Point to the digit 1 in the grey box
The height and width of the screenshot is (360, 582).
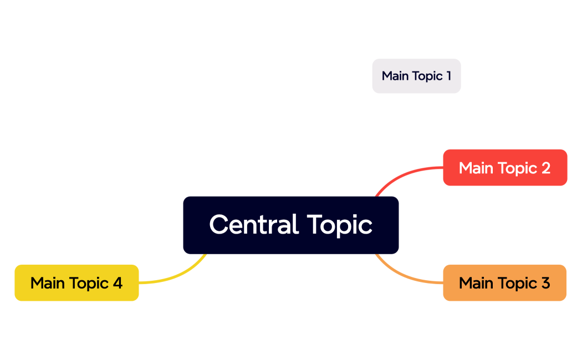pos(448,76)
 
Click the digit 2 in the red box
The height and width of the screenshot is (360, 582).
pos(545,168)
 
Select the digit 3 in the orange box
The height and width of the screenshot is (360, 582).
pos(545,283)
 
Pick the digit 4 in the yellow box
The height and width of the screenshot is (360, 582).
pos(118,283)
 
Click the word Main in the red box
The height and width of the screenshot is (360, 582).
pos(476,168)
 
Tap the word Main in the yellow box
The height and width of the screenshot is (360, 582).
pos(48,283)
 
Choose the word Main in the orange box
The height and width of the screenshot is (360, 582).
pos(476,283)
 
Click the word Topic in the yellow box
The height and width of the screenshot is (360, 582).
pos(88,284)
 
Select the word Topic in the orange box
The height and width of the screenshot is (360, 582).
pos(517,284)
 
